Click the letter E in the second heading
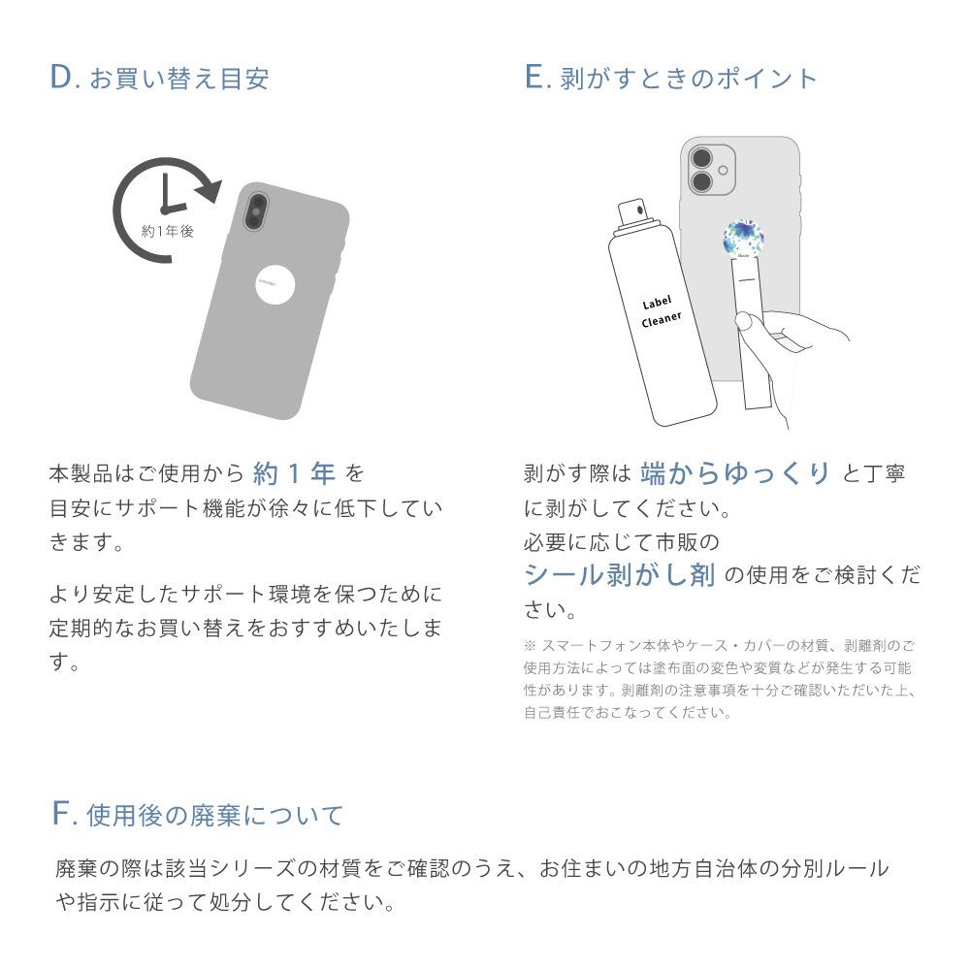535,79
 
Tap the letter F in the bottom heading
62,815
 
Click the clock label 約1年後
167,232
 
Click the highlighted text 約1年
294,473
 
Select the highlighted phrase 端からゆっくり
736,473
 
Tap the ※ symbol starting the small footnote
530,645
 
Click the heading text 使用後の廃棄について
215,816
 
